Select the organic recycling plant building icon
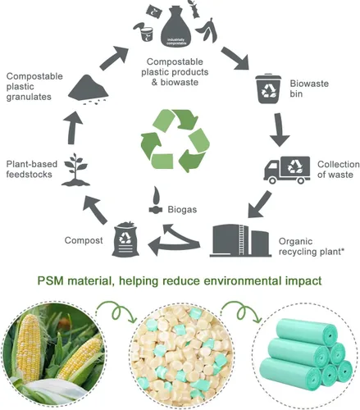tap(243, 237)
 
